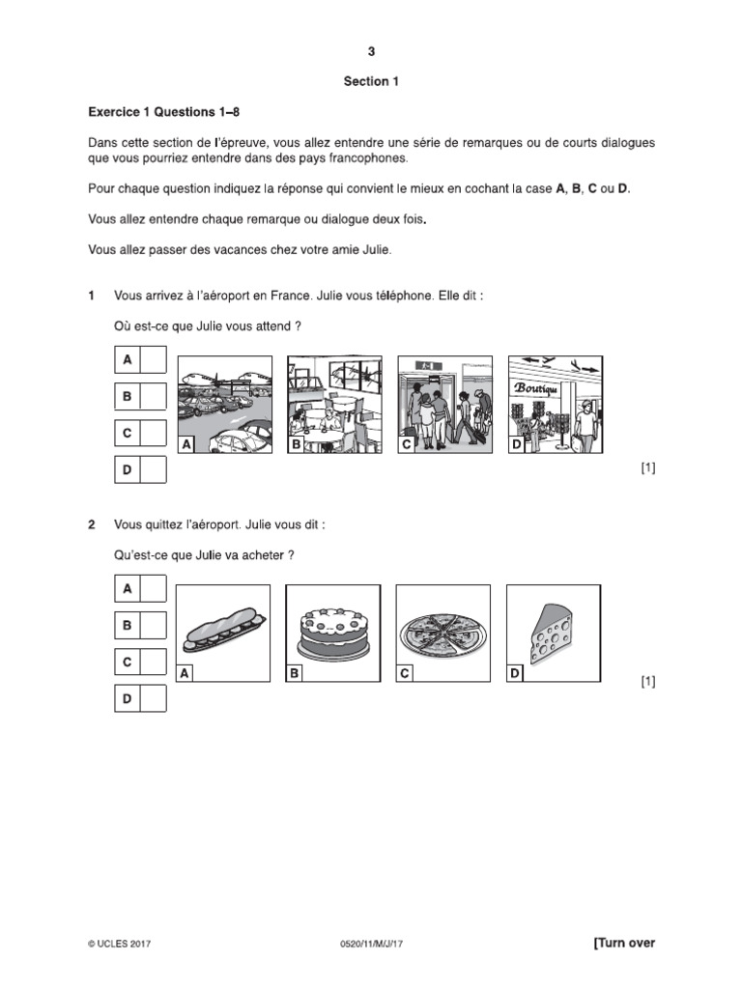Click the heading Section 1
371,82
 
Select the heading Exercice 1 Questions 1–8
163,113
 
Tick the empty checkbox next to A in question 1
154,360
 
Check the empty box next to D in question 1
154,470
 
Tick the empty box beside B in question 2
154,625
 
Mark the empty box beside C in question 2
154,662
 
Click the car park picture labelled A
226,404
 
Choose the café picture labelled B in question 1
334,404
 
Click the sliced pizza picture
444,633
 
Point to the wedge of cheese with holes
555,632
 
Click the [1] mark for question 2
648,682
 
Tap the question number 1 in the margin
92,297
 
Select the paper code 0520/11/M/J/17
371,944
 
